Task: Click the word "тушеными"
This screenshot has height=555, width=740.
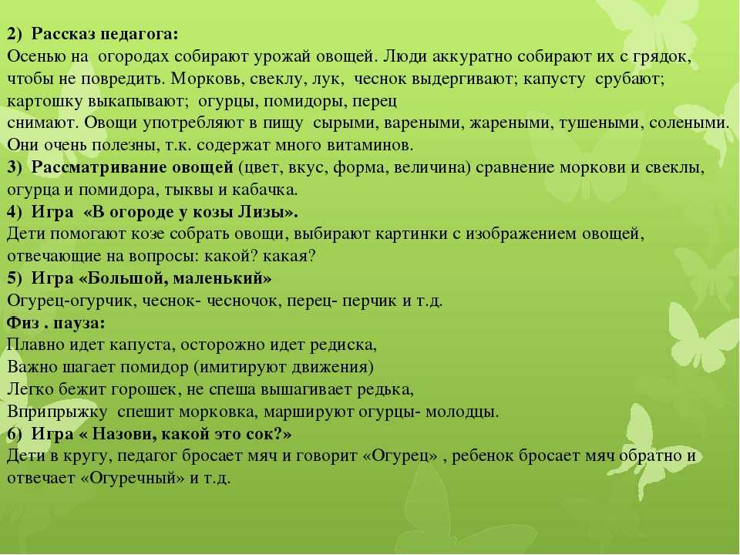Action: pyautogui.click(x=600, y=123)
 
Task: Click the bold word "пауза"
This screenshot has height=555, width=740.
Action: pyautogui.click(x=79, y=324)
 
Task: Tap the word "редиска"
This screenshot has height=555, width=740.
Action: pyautogui.click(x=343, y=345)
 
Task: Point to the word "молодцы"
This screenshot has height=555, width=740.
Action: pyautogui.click(x=462, y=412)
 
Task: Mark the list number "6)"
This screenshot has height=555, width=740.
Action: pyautogui.click(x=15, y=434)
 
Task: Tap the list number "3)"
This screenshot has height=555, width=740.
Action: pyautogui.click(x=15, y=168)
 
